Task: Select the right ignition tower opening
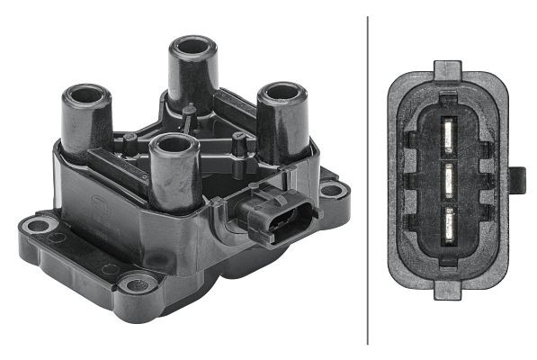tap(282, 91)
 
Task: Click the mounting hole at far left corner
tap(38, 224)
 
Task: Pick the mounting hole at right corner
tap(333, 190)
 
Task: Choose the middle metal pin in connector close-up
tap(447, 176)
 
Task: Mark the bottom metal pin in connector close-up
tap(447, 219)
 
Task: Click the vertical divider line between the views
tap(368, 180)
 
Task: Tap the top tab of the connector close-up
tap(447, 68)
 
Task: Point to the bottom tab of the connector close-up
tap(447, 290)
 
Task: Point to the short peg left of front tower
tap(130, 141)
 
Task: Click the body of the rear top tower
tap(192, 76)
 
